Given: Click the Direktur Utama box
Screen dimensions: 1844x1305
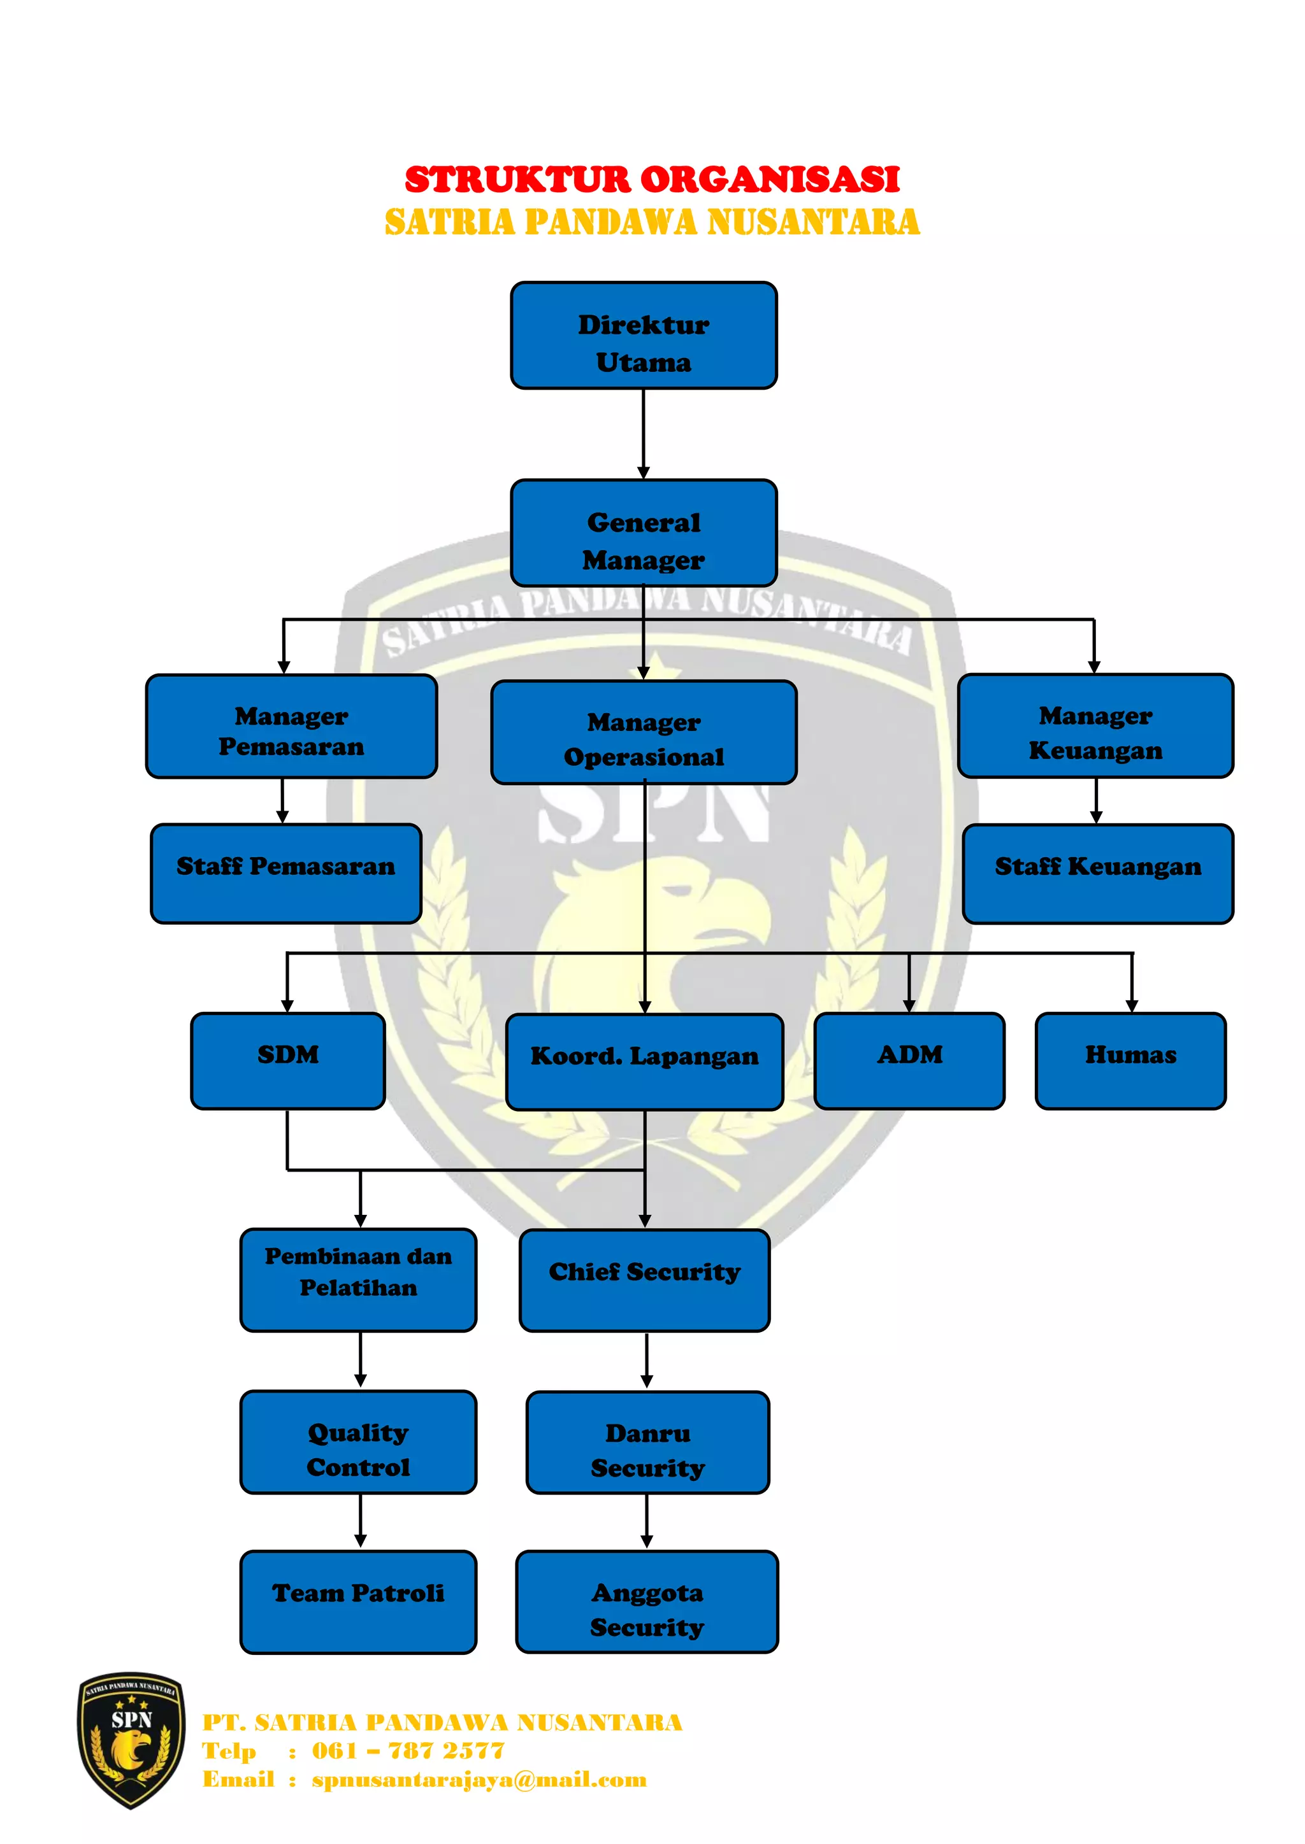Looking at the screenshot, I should point(644,336).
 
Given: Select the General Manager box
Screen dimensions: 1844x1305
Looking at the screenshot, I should point(644,534).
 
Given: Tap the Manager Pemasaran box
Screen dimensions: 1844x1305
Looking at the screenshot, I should point(291,726).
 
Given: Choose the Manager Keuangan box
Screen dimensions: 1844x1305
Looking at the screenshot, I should point(1095,726).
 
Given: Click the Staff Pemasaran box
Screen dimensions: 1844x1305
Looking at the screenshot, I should point(286,874).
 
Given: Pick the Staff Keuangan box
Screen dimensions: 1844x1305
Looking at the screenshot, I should point(1098,874).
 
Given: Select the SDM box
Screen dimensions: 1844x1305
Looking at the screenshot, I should point(287,1061).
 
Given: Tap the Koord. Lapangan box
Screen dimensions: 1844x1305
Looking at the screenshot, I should point(644,1061).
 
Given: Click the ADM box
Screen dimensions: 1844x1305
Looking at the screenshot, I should point(909,1061).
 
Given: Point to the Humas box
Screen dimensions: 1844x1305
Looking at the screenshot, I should point(1130,1061).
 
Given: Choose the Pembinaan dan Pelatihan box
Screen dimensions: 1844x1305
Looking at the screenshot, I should point(358,1279).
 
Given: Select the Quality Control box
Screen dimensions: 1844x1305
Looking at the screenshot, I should point(358,1442).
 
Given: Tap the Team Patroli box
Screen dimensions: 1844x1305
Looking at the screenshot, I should point(358,1602).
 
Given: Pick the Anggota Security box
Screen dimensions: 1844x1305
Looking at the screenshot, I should point(647,1602).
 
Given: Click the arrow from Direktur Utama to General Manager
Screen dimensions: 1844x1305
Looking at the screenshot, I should point(644,434).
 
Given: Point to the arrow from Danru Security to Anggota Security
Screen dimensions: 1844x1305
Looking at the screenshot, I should point(647,1521).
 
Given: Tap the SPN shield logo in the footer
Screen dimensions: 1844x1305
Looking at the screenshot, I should point(131,1740).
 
